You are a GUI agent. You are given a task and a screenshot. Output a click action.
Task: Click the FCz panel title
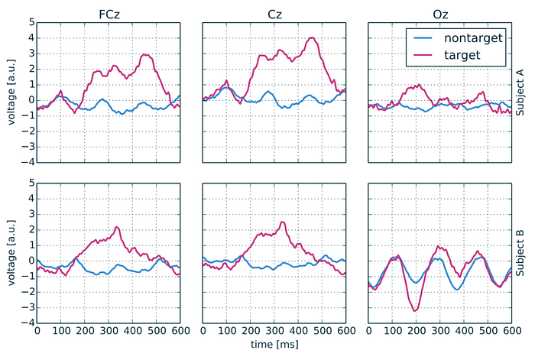109,15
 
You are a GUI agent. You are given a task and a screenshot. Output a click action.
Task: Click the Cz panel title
274,15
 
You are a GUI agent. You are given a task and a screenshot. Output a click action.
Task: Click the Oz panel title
440,15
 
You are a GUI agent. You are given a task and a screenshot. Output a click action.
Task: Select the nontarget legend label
473,38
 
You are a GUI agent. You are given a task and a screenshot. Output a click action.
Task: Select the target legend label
462,55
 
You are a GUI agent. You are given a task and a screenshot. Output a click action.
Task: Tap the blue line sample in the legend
423,38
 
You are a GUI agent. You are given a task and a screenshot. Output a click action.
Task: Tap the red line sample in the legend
423,55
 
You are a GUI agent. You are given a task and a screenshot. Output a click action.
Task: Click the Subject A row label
520,92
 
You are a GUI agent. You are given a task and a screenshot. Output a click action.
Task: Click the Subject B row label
520,253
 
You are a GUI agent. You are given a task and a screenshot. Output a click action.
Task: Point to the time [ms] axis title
274,344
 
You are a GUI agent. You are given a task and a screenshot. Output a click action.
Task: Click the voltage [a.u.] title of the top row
11,92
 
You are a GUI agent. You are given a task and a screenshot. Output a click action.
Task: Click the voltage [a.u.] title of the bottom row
11,253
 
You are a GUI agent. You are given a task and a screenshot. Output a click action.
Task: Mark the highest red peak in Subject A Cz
312,37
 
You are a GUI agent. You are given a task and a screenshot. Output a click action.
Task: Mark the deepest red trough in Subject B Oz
414,311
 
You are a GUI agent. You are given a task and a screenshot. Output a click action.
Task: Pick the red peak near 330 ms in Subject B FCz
117,227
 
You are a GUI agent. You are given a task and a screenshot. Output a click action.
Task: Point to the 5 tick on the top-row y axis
32,22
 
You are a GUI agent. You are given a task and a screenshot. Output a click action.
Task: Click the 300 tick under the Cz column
274,331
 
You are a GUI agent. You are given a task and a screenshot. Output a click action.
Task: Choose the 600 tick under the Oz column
512,331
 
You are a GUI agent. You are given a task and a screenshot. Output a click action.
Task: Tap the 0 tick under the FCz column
37,331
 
